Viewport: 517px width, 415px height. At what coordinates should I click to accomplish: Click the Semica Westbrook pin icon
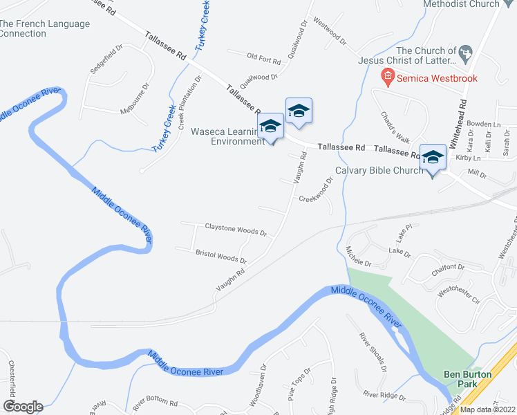coord(387,77)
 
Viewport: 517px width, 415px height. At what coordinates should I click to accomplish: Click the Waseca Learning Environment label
coord(226,136)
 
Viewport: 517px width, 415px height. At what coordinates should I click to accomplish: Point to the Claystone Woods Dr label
coord(236,229)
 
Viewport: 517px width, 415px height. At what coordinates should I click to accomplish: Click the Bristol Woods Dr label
coord(220,256)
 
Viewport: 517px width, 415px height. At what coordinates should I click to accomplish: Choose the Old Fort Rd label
coord(262,57)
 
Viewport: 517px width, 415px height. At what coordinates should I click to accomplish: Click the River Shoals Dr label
coord(370,351)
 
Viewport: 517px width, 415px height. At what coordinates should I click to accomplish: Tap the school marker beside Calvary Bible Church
coord(433,159)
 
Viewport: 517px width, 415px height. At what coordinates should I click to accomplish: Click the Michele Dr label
coord(359,257)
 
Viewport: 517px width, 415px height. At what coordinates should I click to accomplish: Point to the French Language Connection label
coord(45,28)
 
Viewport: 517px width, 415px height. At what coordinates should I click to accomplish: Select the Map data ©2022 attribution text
coord(488,409)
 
